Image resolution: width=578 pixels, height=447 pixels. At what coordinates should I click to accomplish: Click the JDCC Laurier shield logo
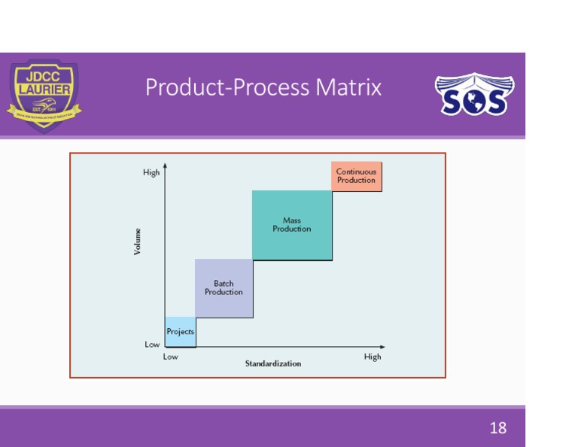click(x=44, y=96)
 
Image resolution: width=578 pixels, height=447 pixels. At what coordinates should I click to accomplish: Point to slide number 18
click(x=497, y=428)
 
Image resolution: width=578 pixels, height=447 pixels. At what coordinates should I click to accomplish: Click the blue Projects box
click(x=180, y=332)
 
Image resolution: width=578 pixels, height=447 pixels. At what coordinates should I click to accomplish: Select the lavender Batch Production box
click(x=224, y=288)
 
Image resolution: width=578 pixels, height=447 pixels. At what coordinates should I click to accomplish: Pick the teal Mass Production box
click(x=292, y=225)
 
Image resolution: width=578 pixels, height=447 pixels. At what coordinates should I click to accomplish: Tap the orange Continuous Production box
click(x=356, y=176)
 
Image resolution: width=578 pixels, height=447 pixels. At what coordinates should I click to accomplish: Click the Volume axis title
click(x=138, y=241)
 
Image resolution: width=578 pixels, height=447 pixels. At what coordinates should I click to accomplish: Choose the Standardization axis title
click(x=272, y=363)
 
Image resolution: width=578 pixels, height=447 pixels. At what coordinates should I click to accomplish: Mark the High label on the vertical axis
click(x=151, y=172)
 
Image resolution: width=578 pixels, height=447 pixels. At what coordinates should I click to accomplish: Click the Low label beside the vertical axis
click(x=152, y=344)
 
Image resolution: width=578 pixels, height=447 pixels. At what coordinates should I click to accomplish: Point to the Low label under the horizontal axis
click(x=171, y=357)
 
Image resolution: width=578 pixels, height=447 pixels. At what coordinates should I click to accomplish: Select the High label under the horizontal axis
click(x=373, y=357)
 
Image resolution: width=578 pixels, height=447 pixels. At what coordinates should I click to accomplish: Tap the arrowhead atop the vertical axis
click(x=164, y=164)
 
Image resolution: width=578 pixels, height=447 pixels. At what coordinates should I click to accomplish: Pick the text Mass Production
click(x=292, y=225)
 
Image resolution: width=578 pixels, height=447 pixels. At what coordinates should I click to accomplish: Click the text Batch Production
click(x=224, y=288)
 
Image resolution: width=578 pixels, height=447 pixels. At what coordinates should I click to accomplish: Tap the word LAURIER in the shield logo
click(x=44, y=90)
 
